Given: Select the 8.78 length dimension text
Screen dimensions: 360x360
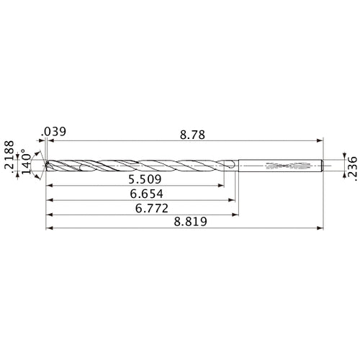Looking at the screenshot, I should point(193,133).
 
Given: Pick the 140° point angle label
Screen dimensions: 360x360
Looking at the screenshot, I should point(26,163).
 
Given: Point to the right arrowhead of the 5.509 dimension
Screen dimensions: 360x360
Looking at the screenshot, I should point(222,186).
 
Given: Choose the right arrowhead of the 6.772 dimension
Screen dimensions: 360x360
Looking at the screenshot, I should point(238,215).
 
